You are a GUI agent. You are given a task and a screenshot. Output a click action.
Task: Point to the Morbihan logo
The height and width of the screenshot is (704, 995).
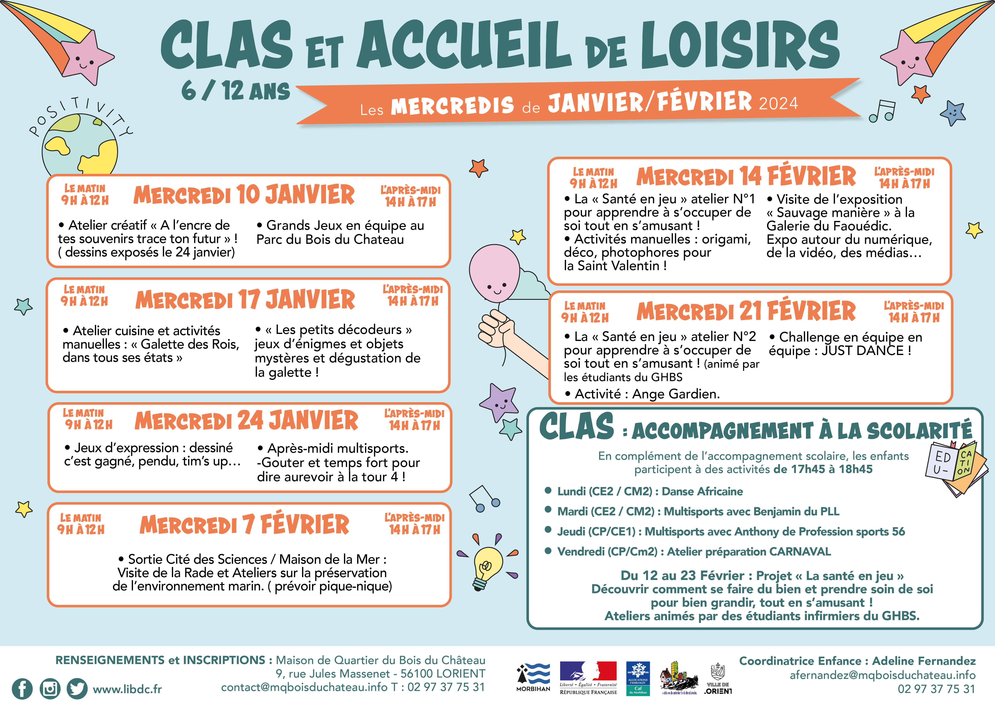coord(533,677)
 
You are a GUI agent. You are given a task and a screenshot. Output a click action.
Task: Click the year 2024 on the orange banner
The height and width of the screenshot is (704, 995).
coord(778,103)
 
